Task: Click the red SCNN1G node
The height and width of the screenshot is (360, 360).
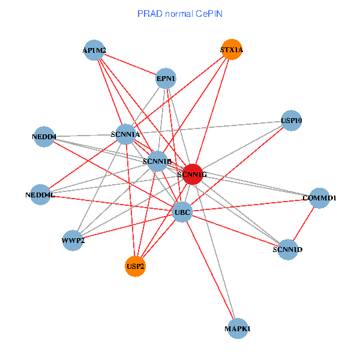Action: (193, 174)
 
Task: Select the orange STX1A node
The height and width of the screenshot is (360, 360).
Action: (232, 51)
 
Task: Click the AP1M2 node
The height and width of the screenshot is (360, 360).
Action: (95, 51)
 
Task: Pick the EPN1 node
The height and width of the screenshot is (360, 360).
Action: (166, 78)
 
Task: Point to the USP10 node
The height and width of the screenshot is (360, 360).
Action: (291, 121)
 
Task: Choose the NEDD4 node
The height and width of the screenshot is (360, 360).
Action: (44, 137)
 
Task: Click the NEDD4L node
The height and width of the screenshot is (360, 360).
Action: (40, 194)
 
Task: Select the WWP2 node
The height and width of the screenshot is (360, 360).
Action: (73, 241)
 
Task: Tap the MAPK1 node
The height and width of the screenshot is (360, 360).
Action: (238, 329)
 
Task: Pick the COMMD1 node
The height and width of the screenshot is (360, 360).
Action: (320, 198)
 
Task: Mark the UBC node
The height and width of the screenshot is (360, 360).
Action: (182, 212)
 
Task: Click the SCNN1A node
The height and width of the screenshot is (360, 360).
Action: (125, 135)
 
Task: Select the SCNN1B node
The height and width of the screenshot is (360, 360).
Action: (158, 161)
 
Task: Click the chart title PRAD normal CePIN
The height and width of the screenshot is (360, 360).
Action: (180, 13)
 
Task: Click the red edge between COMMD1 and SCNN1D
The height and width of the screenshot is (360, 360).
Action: (304, 223)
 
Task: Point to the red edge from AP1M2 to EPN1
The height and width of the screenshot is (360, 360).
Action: (130, 65)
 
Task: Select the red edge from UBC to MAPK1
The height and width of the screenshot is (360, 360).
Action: (209, 270)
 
